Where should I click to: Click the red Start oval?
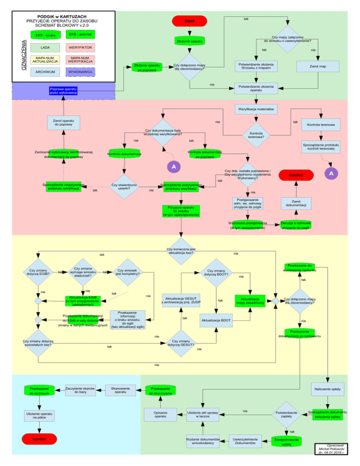190,22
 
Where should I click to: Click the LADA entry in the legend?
45,48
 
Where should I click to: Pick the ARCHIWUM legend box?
45,72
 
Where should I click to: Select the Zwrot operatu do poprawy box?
63,123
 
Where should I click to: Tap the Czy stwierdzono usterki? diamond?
124,186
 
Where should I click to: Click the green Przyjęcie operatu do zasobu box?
181,210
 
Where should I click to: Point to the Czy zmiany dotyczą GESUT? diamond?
181,344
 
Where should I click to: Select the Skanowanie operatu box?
120,389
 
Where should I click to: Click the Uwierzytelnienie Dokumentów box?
244,441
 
